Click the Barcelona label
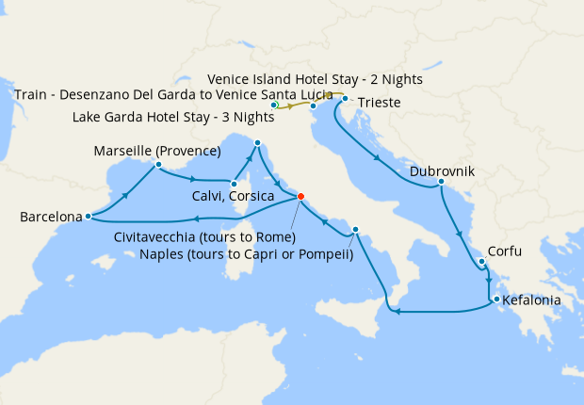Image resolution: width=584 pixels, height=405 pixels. [50, 218]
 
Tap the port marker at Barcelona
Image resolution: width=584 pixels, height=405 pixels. [88, 216]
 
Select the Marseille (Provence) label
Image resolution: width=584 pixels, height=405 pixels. [156, 151]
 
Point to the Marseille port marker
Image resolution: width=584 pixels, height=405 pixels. [158, 165]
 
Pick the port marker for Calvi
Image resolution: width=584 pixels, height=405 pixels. [233, 184]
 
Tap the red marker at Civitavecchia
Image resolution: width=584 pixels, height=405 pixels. [300, 196]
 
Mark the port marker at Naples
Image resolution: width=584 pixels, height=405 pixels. [356, 230]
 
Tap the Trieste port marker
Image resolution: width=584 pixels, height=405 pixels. [346, 99]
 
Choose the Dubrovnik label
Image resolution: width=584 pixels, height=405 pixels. [442, 172]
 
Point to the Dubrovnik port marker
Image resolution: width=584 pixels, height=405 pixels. [441, 182]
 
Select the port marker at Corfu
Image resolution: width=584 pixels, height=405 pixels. [480, 262]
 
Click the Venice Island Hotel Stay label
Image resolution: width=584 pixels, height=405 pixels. [315, 80]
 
